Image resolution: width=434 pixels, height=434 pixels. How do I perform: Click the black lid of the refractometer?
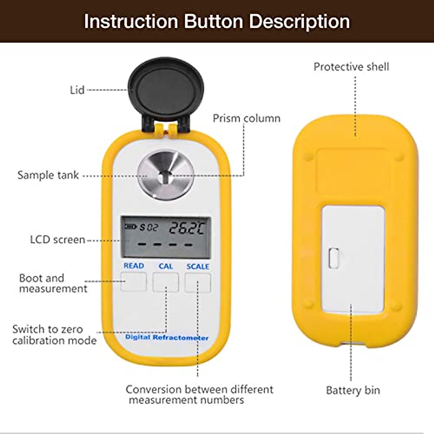166,89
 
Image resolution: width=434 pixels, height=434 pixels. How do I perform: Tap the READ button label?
134,266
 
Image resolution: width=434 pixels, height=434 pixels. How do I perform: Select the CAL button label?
166,266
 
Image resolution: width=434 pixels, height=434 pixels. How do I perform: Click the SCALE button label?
197,267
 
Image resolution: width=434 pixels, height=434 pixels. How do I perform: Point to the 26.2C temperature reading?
187,228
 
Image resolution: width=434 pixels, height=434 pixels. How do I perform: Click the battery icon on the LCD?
130,227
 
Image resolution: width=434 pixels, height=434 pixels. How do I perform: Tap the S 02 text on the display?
149,228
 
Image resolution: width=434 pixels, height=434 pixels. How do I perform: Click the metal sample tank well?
166,175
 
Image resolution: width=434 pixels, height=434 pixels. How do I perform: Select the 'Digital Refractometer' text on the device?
167,337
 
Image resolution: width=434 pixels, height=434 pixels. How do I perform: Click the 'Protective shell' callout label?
351,67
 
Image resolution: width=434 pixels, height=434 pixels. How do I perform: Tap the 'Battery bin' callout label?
353,391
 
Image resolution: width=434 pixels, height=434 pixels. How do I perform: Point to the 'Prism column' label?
246,119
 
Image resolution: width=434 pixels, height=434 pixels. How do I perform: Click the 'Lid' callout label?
77,90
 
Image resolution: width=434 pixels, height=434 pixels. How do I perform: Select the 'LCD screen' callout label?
58,240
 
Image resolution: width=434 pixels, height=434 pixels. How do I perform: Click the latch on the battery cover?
334,258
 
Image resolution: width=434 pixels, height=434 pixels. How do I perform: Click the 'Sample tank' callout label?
48,175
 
